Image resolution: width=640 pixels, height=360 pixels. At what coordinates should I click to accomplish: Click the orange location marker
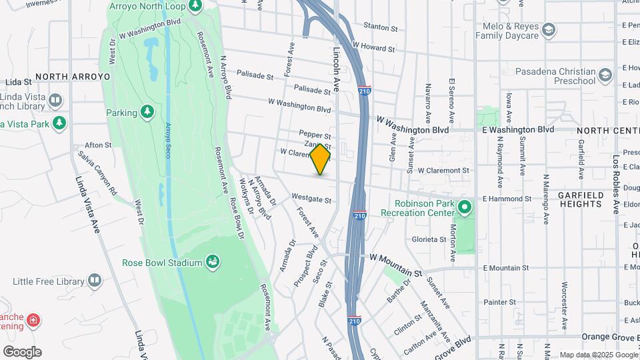coord(321,159)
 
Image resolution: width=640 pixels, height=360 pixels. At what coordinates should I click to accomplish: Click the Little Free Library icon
coord(95,280)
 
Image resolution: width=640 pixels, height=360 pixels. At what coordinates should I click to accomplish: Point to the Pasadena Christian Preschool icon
coord(605,74)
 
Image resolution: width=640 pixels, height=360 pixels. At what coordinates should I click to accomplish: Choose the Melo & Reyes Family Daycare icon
coord(548,29)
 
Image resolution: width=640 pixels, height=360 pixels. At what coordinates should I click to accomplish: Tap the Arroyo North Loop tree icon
coord(195,6)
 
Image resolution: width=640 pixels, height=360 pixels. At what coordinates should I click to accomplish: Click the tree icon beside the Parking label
coord(147,112)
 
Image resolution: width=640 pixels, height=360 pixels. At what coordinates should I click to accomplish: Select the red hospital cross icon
coord(33,322)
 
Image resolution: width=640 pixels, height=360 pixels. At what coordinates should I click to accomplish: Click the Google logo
coord(22,352)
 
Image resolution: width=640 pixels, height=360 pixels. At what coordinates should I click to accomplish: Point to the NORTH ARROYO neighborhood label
coord(73,77)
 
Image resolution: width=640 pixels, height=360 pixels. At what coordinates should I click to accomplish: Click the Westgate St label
coord(311,199)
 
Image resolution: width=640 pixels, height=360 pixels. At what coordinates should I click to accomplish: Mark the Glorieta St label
coord(429,239)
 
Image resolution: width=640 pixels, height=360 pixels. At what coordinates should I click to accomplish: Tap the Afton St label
coord(98,145)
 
